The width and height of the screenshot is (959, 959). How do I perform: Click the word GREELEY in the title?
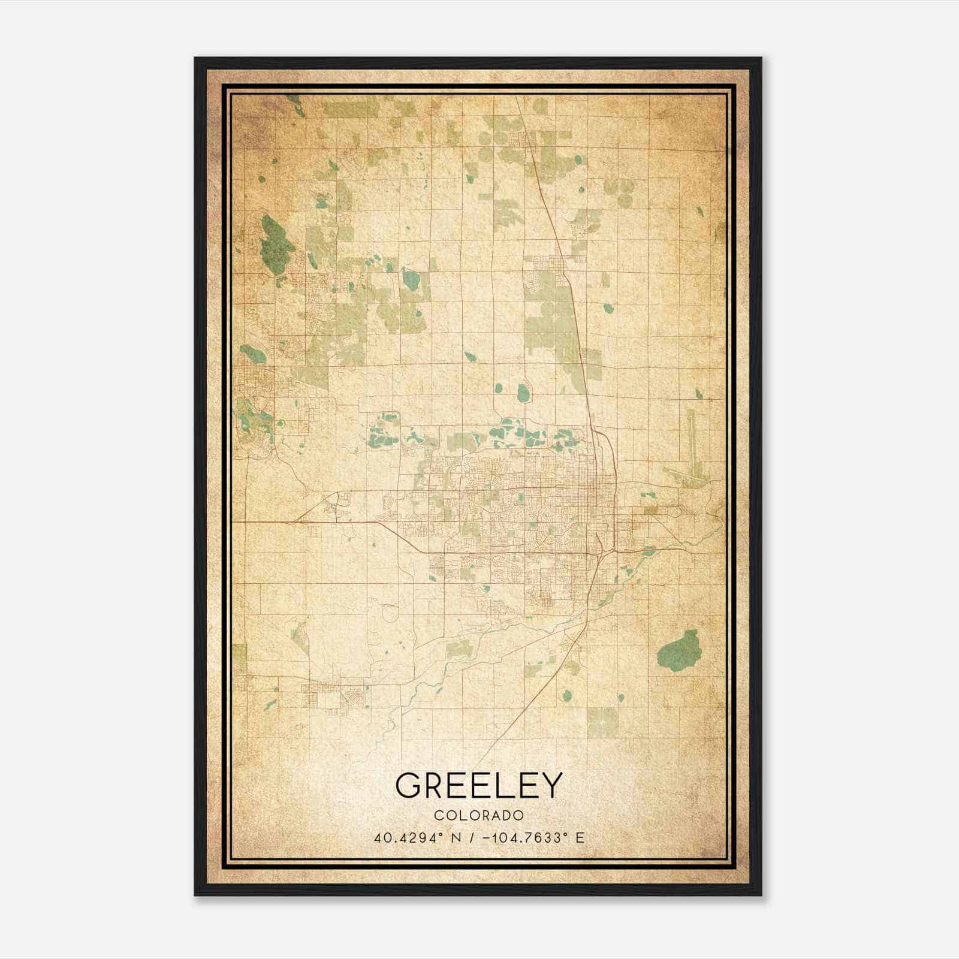(479, 785)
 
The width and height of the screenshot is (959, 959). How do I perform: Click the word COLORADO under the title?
(479, 815)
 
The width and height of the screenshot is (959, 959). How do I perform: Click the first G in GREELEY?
(408, 785)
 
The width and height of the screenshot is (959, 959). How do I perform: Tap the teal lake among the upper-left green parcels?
(411, 278)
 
